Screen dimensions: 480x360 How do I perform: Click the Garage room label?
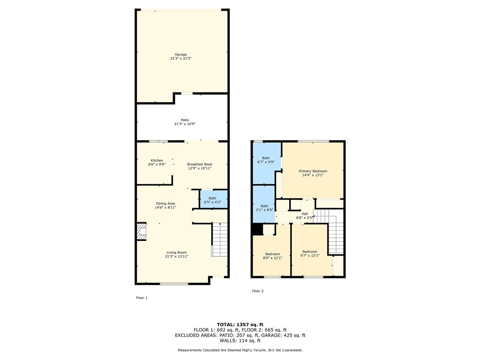coord(181,54)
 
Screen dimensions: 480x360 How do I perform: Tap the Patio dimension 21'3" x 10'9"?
coord(185,124)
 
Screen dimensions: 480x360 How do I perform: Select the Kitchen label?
coord(157,160)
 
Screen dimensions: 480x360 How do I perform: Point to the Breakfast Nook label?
coord(200,165)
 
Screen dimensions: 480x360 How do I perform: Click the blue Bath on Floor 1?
coord(213,199)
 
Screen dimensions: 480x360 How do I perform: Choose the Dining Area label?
coord(165,203)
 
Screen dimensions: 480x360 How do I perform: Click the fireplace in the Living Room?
coord(142,232)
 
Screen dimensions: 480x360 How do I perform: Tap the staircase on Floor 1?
coord(219,240)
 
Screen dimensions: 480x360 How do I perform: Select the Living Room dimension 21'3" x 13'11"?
coord(177,256)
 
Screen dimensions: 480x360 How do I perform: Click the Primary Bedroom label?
coord(313,171)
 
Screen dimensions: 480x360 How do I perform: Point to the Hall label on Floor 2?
coord(305,214)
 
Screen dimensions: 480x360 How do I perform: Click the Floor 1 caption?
coord(142,298)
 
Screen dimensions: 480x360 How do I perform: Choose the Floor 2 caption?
coord(258,291)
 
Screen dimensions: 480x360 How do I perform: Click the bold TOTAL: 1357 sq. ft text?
coord(240,324)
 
